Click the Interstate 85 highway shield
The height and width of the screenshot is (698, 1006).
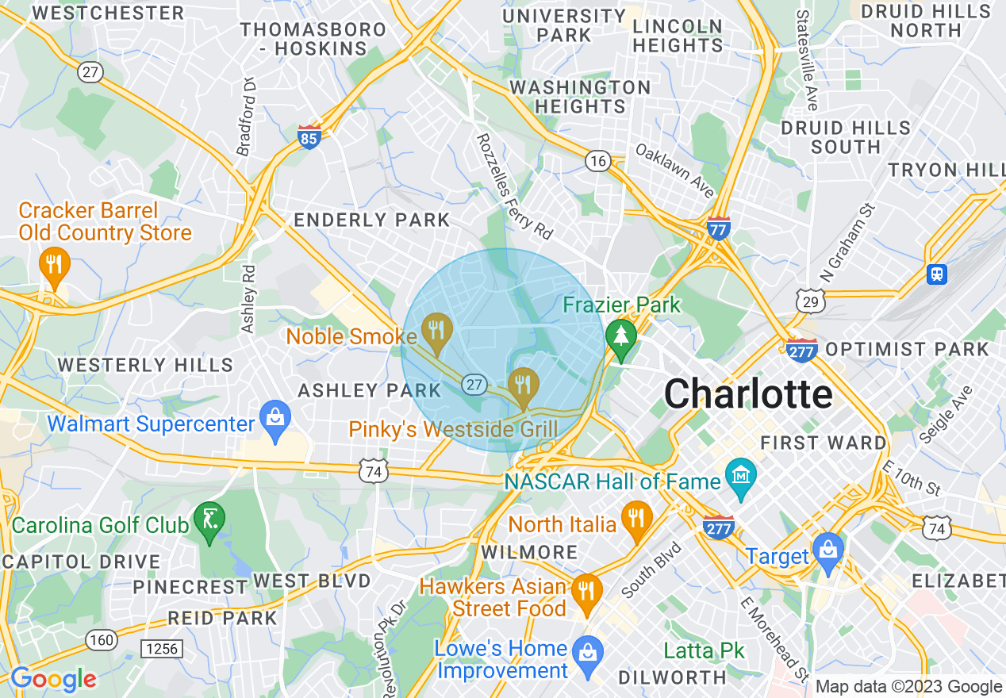309,137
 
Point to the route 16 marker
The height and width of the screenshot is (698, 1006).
598,162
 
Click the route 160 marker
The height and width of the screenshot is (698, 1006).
102,639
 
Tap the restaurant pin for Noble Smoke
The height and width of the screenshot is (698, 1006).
436,333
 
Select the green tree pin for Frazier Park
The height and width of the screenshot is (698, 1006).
621,337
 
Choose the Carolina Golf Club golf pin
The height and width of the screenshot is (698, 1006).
209,522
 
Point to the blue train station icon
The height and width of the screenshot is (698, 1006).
937,274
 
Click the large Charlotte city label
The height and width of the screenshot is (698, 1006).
748,393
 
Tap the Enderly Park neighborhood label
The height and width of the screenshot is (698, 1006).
372,220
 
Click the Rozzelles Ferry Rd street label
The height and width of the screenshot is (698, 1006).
514,186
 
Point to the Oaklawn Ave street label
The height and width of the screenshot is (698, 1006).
674,171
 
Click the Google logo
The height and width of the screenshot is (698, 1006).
52,679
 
